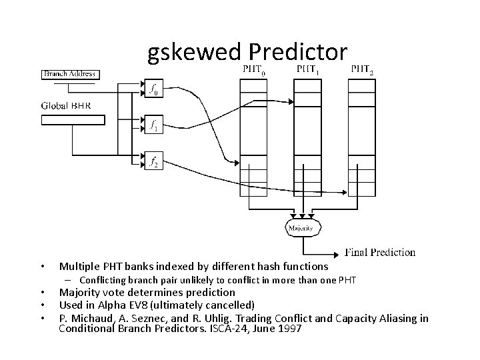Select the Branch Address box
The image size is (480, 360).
click(70, 73)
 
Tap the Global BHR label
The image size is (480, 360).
click(66, 105)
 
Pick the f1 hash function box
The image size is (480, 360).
click(154, 125)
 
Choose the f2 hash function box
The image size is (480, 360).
click(154, 161)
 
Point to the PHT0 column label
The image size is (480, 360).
click(253, 69)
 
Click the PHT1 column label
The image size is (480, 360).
click(308, 69)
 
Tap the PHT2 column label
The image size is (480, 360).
click(363, 69)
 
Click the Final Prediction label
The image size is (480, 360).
click(380, 252)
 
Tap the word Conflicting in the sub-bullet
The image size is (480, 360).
click(108, 279)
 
